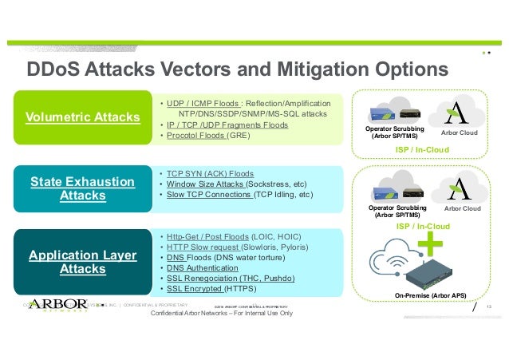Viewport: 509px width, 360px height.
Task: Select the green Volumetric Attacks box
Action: pos(83,118)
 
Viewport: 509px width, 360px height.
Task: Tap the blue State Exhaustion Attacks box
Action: pos(83,188)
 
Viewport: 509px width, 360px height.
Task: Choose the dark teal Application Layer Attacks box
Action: pos(83,262)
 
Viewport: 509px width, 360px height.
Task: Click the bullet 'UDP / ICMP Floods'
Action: pos(203,104)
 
